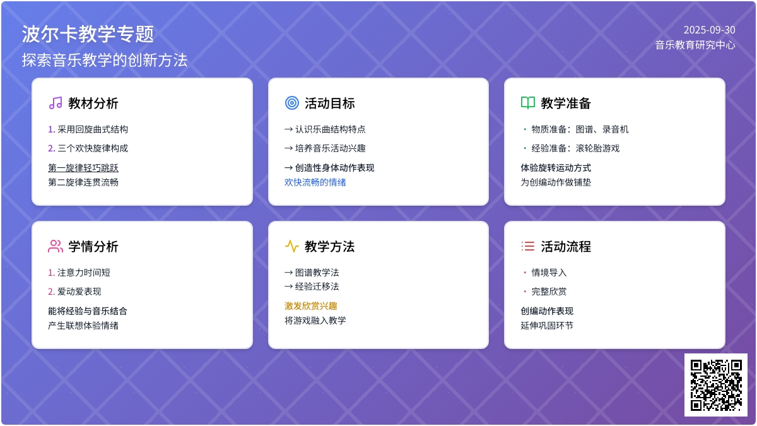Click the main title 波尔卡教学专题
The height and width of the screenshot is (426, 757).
[x=88, y=34]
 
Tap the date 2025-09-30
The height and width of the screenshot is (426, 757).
[x=709, y=30]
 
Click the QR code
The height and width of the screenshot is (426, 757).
[x=716, y=385]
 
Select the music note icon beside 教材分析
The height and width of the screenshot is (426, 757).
[x=56, y=103]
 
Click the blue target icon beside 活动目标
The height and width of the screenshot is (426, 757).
[x=291, y=103]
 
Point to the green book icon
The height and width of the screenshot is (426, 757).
[x=528, y=103]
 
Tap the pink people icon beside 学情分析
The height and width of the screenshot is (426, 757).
[x=56, y=246]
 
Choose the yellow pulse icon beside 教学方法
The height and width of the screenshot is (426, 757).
[x=291, y=246]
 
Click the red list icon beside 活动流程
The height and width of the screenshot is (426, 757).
[x=528, y=246]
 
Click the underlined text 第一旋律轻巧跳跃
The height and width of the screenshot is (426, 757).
[x=83, y=168]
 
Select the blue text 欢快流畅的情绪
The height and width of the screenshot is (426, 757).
[x=315, y=182]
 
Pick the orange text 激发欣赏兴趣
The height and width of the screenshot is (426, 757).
[x=310, y=306]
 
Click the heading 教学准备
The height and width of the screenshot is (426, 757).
[x=566, y=104]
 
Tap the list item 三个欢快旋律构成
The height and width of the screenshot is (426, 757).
[x=93, y=148]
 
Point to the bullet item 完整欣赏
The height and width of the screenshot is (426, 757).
[x=549, y=292]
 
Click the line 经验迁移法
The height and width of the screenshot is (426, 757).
[x=317, y=287]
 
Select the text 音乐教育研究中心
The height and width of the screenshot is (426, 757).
[x=695, y=45]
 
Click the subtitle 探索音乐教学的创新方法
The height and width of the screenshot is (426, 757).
[x=105, y=60]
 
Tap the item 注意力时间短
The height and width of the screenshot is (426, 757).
[x=83, y=273]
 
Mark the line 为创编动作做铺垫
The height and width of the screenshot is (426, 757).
[x=556, y=182]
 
